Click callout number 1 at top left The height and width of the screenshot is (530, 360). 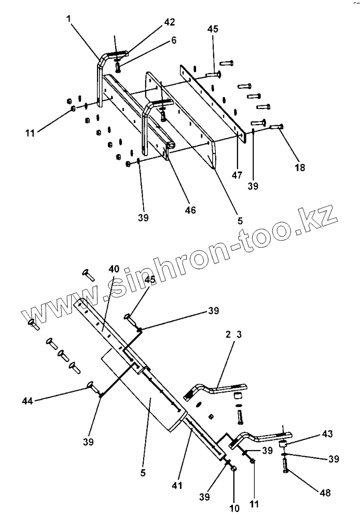coord(68,19)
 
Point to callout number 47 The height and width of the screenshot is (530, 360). coord(237,175)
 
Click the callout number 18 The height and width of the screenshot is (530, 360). coord(300,168)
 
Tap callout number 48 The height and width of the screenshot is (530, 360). coord(326,492)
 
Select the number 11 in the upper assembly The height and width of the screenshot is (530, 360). coord(29,133)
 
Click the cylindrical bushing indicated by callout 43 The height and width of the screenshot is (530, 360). coord(283,444)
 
